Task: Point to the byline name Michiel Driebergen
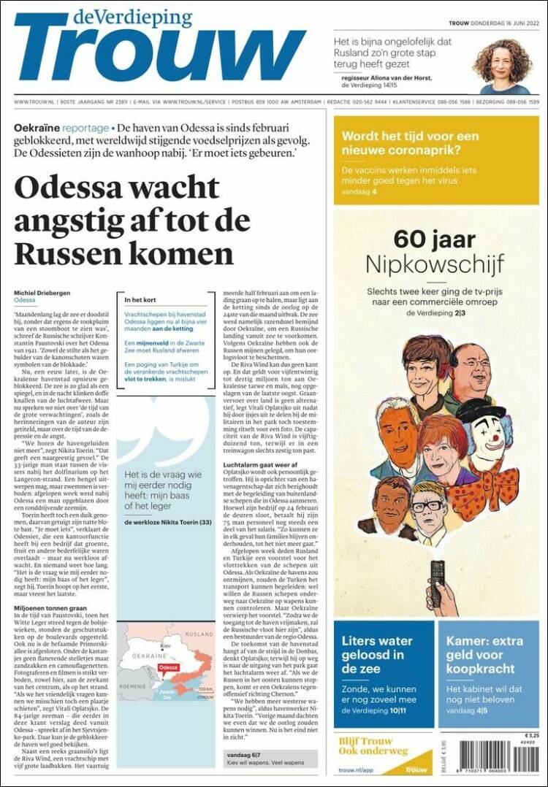tap(42, 293)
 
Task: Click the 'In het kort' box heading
tap(140, 299)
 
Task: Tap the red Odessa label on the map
tap(168, 667)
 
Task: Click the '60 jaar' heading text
tap(435, 239)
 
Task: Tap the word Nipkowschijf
tap(435, 264)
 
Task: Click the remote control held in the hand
tap(437, 577)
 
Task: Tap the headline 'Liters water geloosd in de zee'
tap(376, 654)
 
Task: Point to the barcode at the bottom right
tap(499, 758)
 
